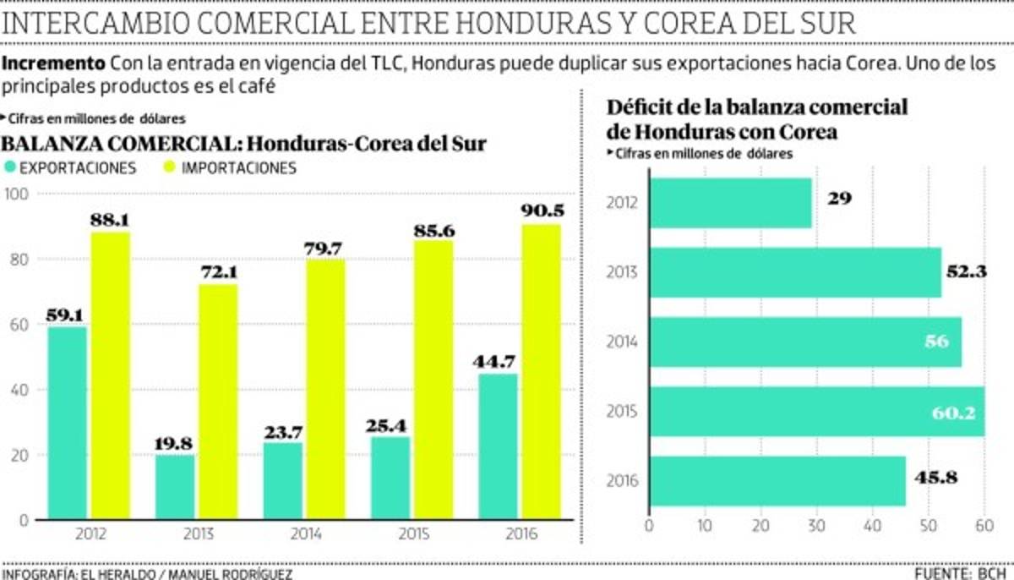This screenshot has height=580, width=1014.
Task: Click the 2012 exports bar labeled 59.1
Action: pos(67,423)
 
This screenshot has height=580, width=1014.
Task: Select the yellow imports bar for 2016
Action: pos(541,372)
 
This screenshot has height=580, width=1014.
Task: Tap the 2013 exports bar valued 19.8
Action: pos(174,488)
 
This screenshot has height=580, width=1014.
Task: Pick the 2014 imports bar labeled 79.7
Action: pos(325,389)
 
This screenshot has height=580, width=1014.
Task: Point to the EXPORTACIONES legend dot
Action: pos(11,167)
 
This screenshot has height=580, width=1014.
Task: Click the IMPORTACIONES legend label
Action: pos(239,167)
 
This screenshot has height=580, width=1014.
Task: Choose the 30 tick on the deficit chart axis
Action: pos(816,526)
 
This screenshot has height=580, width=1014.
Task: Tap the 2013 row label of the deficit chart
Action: pos(622,272)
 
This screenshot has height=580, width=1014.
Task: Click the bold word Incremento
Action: pos(52,64)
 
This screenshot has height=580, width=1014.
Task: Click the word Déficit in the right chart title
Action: pos(641,108)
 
